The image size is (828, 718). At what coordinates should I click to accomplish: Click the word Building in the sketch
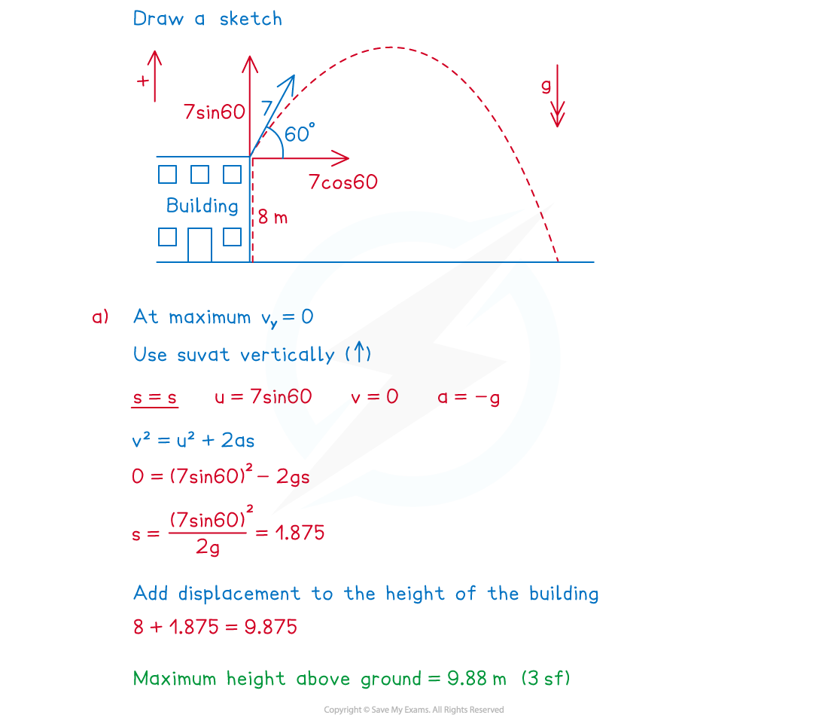pos(202,206)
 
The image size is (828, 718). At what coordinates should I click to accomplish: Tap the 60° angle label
pos(300,133)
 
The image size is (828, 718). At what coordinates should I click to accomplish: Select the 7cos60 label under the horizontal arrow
pos(343,182)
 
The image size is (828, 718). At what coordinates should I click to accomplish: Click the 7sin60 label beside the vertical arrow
pos(215,112)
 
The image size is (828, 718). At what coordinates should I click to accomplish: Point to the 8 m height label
pos(272,217)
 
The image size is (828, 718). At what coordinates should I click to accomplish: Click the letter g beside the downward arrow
pos(546,86)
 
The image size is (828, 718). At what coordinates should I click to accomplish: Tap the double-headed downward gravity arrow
pos(558,96)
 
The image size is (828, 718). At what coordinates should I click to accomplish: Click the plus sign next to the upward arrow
pos(142,81)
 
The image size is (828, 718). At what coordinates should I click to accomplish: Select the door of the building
pos(200,245)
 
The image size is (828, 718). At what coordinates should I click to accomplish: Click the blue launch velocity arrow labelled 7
pos(272,116)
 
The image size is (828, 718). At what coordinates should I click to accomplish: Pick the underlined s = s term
pos(155,398)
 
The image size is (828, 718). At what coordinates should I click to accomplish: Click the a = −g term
pos(469,398)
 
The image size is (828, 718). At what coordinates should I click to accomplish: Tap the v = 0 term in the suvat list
pos(374,396)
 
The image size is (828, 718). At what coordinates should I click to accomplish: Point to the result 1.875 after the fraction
pos(300,533)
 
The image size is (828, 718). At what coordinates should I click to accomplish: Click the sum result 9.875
pos(271,627)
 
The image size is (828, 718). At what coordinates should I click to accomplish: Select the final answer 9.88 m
pos(476,678)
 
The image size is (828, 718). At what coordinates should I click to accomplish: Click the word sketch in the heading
pos(251,19)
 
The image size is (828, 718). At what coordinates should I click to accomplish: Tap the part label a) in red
pos(100,316)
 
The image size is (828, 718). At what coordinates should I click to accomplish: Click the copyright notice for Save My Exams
pos(414,710)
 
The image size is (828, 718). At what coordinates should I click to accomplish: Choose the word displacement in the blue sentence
pos(239,594)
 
